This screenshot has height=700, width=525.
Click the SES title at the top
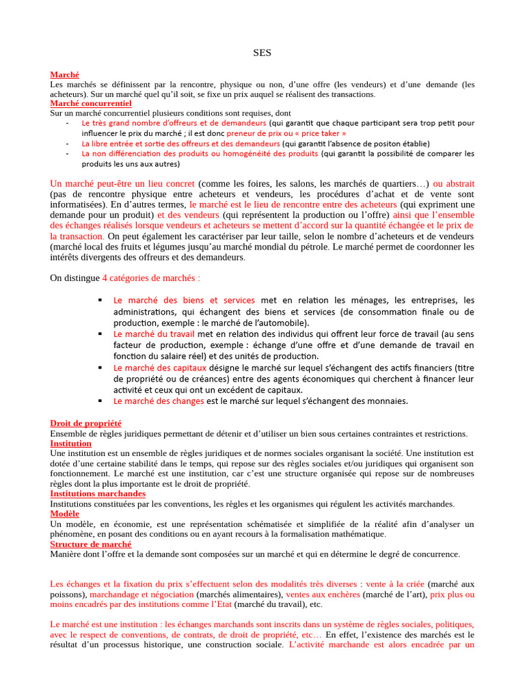[x=262, y=53]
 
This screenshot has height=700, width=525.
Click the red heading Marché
[x=65, y=75]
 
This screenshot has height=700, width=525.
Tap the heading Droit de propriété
[x=86, y=424]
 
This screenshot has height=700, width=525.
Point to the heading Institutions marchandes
[x=98, y=494]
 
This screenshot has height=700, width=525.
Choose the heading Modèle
[x=65, y=513]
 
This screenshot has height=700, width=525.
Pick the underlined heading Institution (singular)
[x=71, y=443]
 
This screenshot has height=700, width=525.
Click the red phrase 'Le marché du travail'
[x=154, y=334]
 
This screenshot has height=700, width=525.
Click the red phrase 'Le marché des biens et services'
[x=184, y=300]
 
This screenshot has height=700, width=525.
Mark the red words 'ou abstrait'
[x=454, y=184]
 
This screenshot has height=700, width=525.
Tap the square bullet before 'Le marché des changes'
[x=100, y=400]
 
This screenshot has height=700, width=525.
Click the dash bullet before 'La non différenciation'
[x=67, y=154]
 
